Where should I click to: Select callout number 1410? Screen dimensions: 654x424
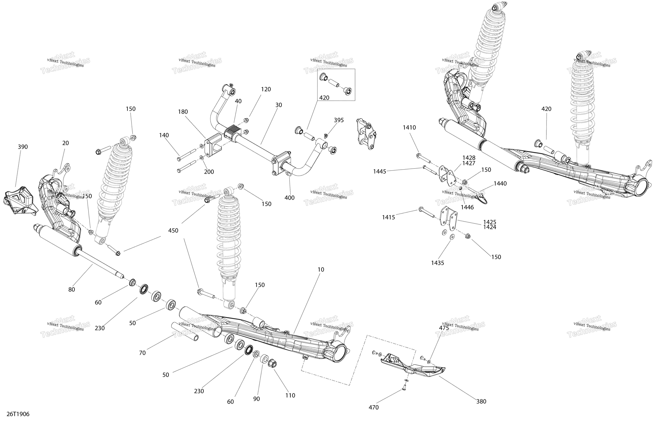pos(409,128)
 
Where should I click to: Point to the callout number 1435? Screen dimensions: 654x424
pos(437,263)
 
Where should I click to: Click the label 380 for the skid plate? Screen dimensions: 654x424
pos(481,401)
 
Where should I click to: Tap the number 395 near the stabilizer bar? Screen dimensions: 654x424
pos(339,120)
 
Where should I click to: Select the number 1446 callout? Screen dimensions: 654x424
pos(467,208)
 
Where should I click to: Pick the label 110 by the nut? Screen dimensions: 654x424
pos(290,395)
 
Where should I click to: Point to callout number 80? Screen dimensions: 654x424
pos(71,289)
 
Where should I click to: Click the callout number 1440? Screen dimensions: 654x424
pos(500,184)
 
